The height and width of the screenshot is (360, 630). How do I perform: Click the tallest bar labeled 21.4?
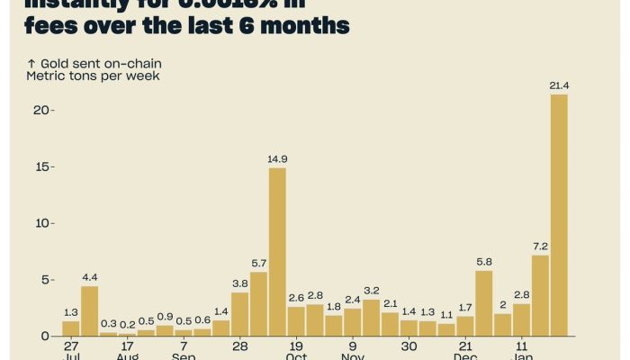point(559,215)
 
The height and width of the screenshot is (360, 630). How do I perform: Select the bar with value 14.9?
point(277,252)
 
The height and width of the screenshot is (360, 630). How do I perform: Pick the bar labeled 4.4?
point(89,310)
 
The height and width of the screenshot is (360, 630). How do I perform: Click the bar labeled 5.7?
point(258,304)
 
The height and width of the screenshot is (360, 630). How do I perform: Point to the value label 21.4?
point(559,85)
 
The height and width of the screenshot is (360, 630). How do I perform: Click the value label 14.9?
point(277,159)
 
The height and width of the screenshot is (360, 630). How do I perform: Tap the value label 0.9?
point(165,317)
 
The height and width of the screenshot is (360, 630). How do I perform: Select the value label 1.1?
point(446,315)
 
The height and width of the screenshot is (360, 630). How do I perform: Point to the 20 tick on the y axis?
point(40,110)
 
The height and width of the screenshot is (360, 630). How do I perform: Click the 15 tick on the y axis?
point(40,166)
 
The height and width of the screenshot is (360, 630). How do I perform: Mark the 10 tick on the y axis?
point(40,223)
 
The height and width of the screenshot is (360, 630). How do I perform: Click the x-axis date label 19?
point(296,346)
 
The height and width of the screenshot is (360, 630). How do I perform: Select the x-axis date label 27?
point(71,346)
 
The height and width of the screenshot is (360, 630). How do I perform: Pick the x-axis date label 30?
point(409,346)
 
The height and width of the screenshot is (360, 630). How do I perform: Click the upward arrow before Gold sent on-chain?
point(31,64)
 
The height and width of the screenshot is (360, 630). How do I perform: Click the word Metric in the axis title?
point(45,76)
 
